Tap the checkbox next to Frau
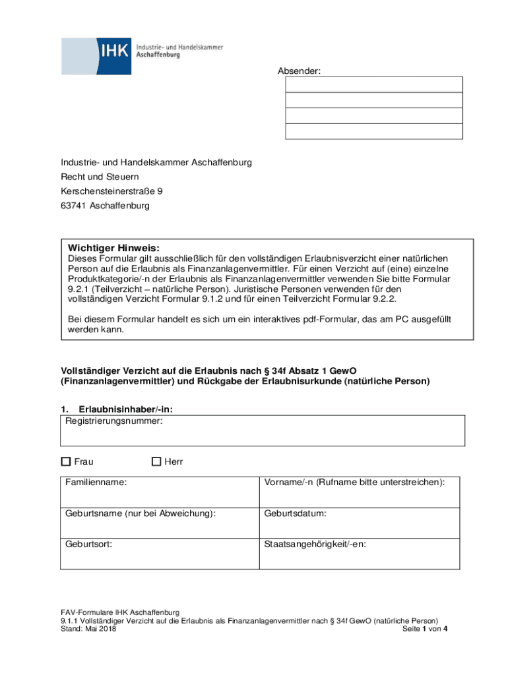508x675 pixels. pos(65,462)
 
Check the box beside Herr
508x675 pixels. pos(156,462)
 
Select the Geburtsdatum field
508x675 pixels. pos(360,523)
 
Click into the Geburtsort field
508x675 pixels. pos(160,554)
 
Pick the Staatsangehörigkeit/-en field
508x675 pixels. pos(360,554)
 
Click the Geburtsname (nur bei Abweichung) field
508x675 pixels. pos(160,523)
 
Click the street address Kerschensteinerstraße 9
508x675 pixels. pos(111,191)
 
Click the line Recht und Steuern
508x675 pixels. pos(100,177)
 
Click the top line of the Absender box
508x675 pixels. pos(373,84)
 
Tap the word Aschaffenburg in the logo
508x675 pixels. pos(158,55)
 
